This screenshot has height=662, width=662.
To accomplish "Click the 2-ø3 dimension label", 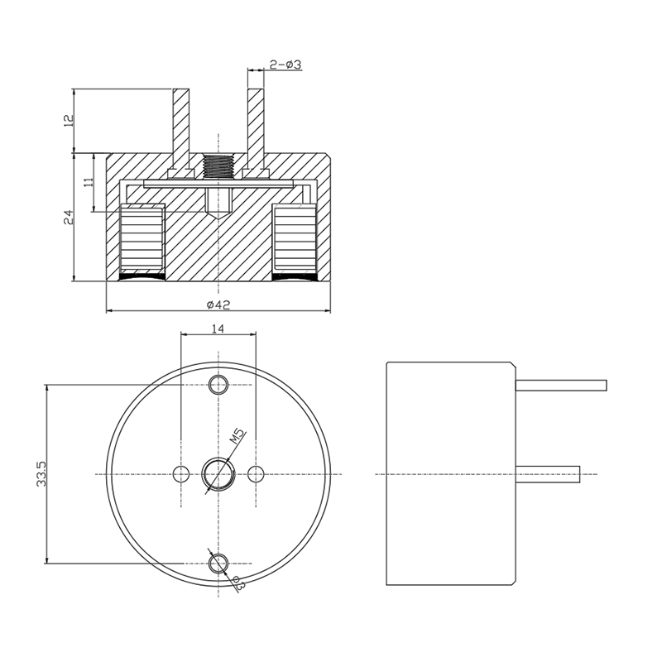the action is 285,65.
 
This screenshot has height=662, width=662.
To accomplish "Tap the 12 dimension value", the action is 69,120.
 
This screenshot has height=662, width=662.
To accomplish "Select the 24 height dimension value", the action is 69,218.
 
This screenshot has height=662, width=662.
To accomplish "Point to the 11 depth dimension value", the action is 89,182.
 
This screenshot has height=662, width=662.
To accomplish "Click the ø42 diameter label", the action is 218,304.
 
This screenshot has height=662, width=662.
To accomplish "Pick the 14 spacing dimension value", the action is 218,328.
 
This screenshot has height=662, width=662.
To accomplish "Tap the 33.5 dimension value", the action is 41,474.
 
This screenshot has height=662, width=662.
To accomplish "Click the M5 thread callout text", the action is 237,436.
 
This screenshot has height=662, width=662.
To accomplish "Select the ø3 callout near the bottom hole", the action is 237,583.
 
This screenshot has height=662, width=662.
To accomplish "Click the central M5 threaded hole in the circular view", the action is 218,474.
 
